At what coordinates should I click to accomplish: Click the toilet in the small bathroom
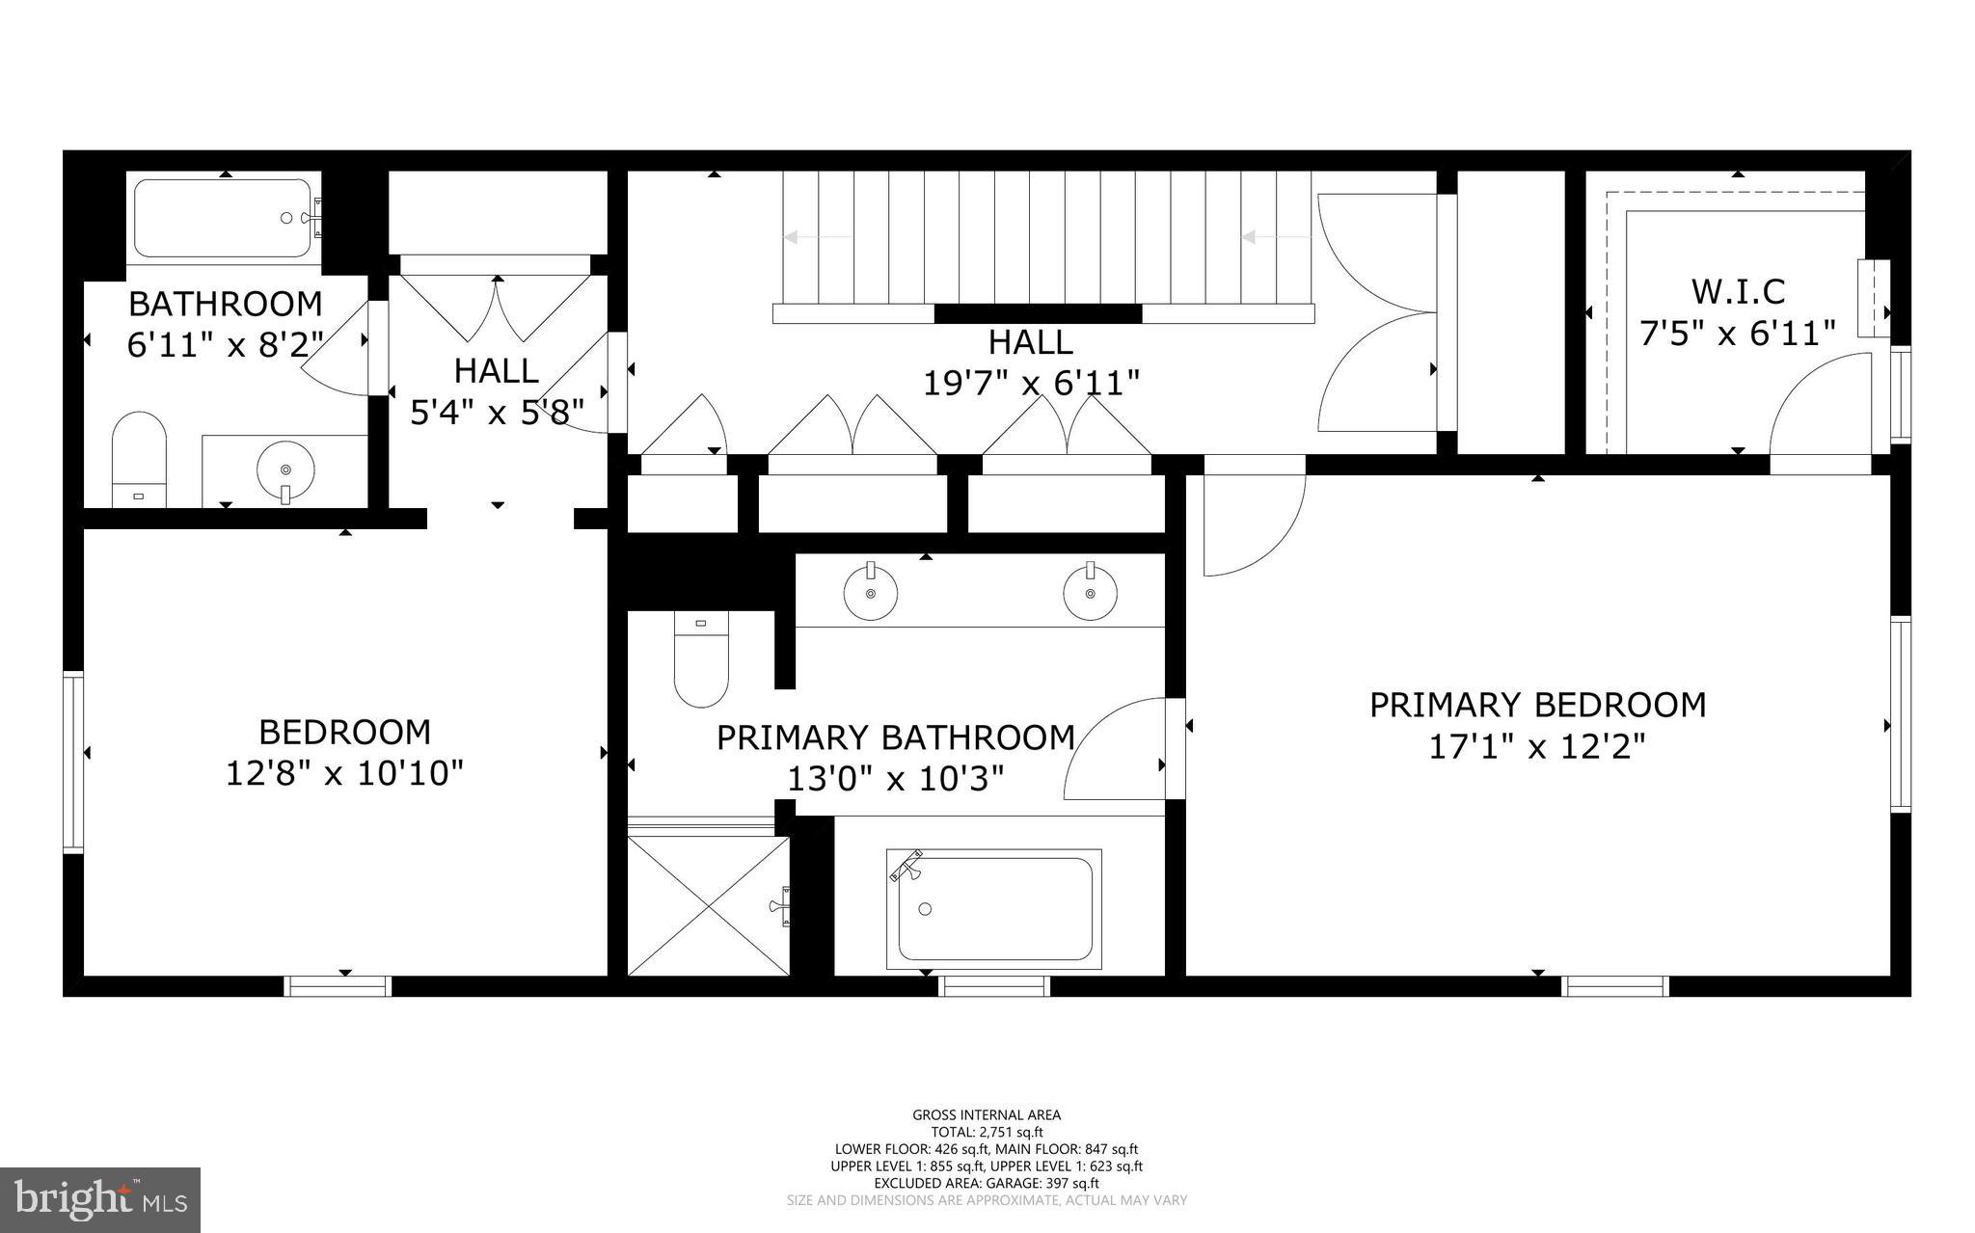139,458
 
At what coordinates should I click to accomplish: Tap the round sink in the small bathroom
285,469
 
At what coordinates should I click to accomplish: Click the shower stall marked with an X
709,906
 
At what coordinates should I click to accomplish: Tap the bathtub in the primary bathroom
994,908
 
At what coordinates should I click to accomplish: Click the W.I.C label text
1738,291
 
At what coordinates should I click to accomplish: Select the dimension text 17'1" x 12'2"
1536,747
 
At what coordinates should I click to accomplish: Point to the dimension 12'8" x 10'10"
344,773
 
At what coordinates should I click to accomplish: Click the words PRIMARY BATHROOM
895,737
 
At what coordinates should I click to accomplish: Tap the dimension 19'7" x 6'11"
1031,384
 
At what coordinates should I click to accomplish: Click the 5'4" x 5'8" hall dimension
497,413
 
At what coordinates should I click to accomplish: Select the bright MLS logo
100,1199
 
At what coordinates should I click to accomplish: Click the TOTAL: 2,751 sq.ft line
987,1133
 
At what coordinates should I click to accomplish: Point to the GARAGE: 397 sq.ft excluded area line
987,1183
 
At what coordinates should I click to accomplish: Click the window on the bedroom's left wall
73,763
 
